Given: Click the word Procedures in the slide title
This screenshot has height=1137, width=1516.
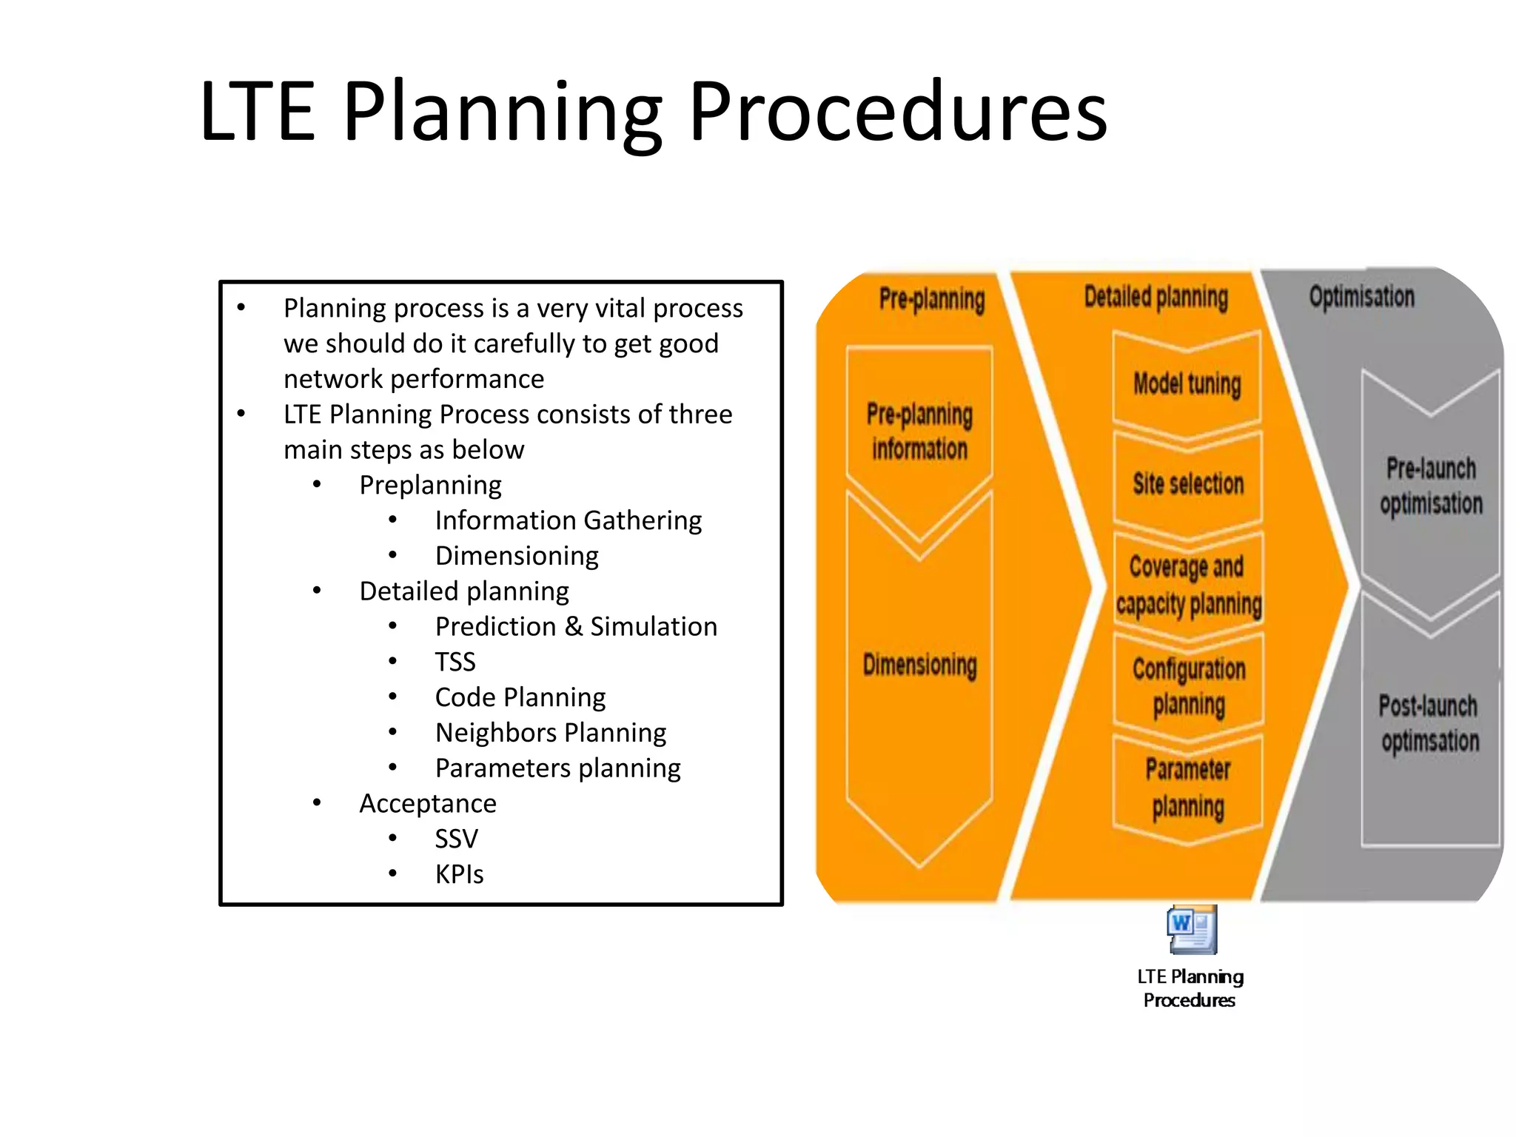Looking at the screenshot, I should (x=897, y=113).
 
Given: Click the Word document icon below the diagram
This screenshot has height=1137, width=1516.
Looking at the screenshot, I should (x=1191, y=930).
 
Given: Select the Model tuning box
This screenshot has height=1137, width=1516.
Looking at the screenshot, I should (x=1187, y=384).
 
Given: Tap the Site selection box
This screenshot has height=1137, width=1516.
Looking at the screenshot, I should (x=1187, y=484).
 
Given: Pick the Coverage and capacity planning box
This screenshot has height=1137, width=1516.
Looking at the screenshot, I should (x=1188, y=586).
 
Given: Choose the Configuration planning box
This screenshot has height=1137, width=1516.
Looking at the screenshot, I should (x=1189, y=686).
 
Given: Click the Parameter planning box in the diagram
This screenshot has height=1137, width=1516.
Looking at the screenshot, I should (x=1188, y=788).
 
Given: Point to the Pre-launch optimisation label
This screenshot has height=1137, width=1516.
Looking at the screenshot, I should (x=1430, y=486).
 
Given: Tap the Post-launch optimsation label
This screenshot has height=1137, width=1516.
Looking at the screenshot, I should (x=1429, y=723).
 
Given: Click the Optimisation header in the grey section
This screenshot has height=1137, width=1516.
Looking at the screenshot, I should (x=1361, y=297).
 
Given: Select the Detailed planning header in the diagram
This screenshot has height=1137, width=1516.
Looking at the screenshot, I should (x=1156, y=297).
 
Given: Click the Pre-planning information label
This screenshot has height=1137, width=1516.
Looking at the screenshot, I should (x=919, y=432).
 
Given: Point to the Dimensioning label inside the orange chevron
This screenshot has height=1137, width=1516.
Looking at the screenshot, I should (x=919, y=665).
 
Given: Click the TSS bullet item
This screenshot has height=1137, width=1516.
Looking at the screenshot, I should (x=455, y=662).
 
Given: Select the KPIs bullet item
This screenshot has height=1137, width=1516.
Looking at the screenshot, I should (x=459, y=874).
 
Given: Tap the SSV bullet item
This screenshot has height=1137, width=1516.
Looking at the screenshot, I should (x=456, y=839).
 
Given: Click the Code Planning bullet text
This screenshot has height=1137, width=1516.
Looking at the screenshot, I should (x=520, y=697).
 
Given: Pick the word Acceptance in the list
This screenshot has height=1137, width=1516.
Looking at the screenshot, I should (x=428, y=803).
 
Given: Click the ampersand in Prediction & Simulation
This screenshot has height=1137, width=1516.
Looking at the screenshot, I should (x=573, y=627).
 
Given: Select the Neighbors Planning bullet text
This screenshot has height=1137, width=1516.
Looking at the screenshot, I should (x=550, y=733).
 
